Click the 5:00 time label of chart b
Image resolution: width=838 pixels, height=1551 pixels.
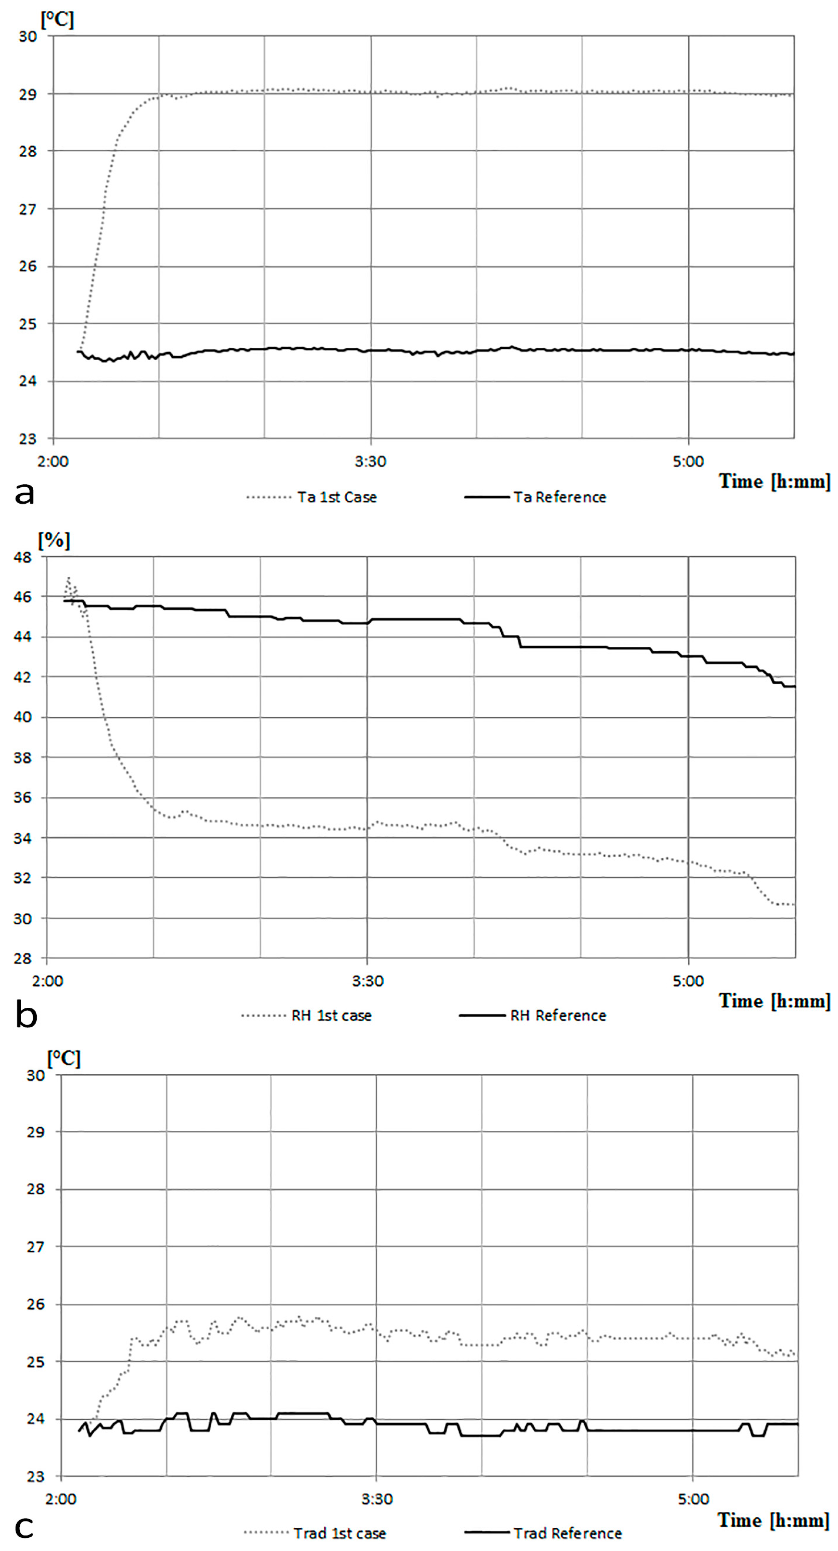[x=688, y=981]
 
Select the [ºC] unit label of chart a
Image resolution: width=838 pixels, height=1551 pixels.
[x=57, y=20]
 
